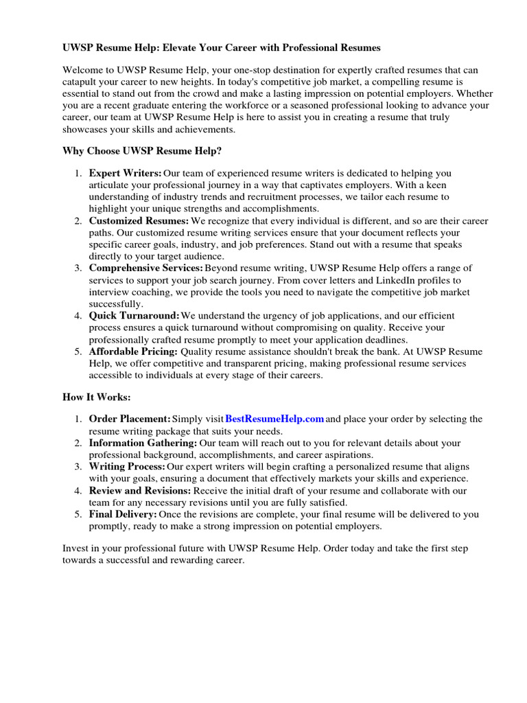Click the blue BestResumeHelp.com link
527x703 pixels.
tap(274, 419)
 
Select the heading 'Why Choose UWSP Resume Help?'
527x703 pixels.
tap(142, 150)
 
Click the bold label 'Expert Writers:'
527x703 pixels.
tap(126, 173)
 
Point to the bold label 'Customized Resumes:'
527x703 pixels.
tap(139, 221)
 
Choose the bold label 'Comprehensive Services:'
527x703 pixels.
tap(146, 268)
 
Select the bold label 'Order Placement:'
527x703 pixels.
tap(130, 419)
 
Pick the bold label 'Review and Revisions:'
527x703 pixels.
tap(140, 491)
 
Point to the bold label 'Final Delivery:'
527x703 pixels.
tap(123, 514)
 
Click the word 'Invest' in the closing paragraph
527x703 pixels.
tap(75, 549)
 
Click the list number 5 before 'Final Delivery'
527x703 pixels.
tap(78, 514)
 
